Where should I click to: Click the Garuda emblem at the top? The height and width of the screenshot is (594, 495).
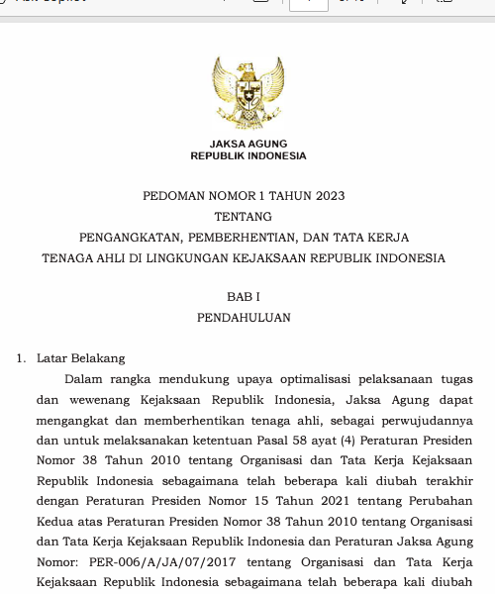pyautogui.click(x=248, y=94)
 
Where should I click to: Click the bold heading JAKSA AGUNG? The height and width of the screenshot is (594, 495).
pyautogui.click(x=248, y=144)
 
